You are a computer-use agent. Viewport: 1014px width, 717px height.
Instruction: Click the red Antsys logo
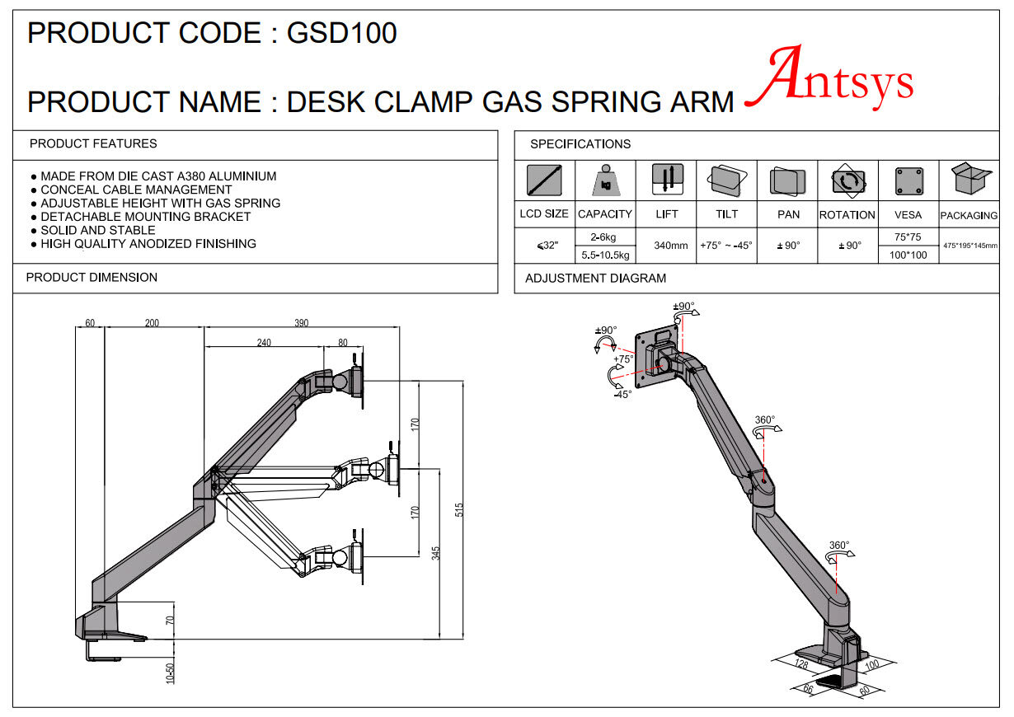[829, 77]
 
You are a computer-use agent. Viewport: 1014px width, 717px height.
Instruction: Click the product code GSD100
[342, 33]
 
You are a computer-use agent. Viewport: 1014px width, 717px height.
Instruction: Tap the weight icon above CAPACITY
[606, 180]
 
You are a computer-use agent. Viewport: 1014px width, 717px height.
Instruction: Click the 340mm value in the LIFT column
[671, 246]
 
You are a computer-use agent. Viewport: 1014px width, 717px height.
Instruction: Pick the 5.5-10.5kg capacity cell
[605, 255]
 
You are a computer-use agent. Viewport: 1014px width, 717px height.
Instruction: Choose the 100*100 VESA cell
[908, 255]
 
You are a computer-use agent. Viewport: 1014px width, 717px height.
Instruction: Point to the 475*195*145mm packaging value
[970, 246]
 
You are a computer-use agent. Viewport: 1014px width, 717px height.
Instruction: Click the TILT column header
[726, 214]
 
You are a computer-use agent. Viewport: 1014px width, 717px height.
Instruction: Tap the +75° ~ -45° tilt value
[726, 246]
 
